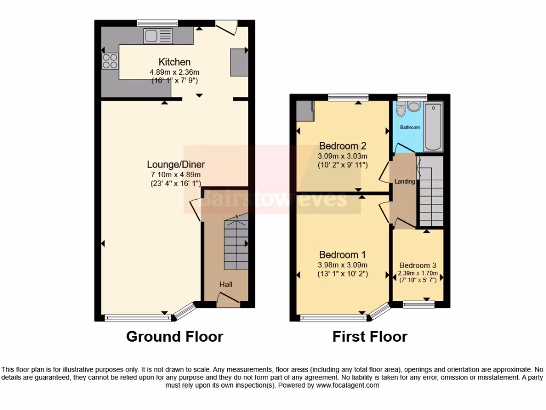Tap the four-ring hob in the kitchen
click(x=110, y=61)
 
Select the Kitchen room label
click(x=174, y=62)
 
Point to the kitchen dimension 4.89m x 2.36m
click(x=175, y=72)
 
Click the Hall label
click(x=226, y=285)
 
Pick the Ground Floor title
click(x=174, y=336)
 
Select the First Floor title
click(x=370, y=336)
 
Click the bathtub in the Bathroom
click(x=432, y=127)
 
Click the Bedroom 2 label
click(x=342, y=146)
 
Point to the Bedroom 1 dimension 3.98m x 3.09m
click(x=343, y=265)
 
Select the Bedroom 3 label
click(x=418, y=265)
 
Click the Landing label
click(x=405, y=182)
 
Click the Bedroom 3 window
click(x=418, y=305)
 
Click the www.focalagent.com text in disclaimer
click(x=348, y=385)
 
